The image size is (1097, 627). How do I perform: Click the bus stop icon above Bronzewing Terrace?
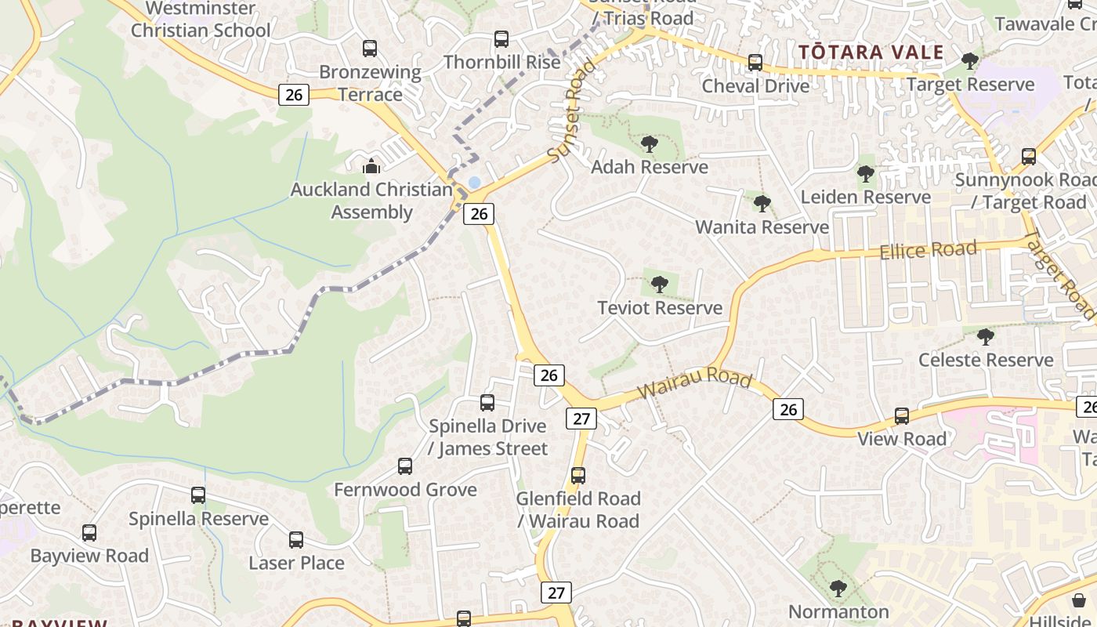tap(370, 49)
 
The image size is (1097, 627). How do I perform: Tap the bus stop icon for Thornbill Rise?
tap(501, 38)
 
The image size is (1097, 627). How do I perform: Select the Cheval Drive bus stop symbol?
tap(755, 63)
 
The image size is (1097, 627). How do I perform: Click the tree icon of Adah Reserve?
tap(649, 144)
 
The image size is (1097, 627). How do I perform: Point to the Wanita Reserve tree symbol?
tap(762, 204)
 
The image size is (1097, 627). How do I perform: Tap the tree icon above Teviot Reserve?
tap(660, 285)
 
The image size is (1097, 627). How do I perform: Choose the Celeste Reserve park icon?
tap(986, 337)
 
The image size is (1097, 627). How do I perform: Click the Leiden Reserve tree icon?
tap(865, 174)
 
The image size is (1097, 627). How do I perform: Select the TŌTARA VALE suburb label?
tap(871, 53)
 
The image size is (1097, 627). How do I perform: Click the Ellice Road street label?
tap(929, 251)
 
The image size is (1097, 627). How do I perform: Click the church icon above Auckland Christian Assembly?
tap(371, 166)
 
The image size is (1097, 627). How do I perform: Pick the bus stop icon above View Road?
tap(902, 415)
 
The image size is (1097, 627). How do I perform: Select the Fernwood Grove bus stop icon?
tap(405, 466)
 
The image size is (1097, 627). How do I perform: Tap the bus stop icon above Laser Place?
tap(295, 540)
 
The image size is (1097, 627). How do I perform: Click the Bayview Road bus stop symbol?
tap(89, 533)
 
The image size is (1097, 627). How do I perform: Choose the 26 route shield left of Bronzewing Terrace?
tap(294, 95)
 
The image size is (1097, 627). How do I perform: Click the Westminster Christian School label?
tap(201, 20)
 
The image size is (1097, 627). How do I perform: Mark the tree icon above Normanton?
tap(838, 588)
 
